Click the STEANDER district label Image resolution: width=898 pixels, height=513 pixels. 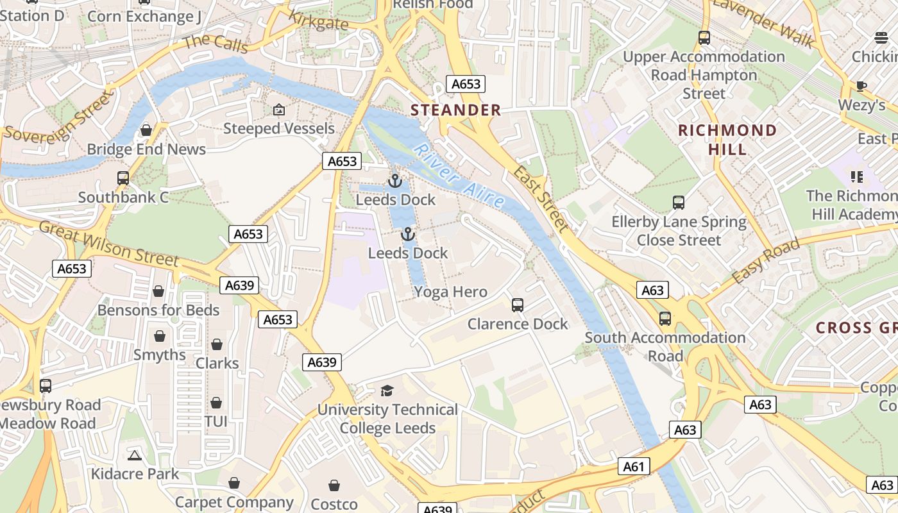click(455, 110)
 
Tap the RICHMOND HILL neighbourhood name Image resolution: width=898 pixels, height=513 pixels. click(727, 140)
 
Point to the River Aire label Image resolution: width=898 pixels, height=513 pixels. click(459, 176)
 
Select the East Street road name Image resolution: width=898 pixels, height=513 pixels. click(541, 199)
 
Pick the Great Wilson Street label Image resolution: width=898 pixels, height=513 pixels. click(108, 244)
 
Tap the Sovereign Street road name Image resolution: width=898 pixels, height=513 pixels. click(57, 116)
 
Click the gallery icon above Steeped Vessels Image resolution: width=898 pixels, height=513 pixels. click(278, 110)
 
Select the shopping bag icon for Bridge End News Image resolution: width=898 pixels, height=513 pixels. click(146, 131)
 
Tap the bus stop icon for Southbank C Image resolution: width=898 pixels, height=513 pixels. click(123, 178)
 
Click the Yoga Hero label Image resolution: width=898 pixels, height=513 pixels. click(450, 292)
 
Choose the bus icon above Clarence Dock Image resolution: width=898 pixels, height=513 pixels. click(518, 305)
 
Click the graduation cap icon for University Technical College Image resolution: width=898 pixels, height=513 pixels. click(387, 391)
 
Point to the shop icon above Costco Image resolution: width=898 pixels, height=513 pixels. click(334, 485)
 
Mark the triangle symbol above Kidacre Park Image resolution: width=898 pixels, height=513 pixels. click(134, 455)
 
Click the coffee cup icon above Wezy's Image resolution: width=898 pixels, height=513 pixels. click(861, 86)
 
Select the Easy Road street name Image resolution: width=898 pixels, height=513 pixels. click(766, 262)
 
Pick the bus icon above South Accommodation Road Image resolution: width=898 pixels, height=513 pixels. click(665, 319)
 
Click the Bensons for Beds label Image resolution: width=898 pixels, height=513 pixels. click(158, 310)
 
